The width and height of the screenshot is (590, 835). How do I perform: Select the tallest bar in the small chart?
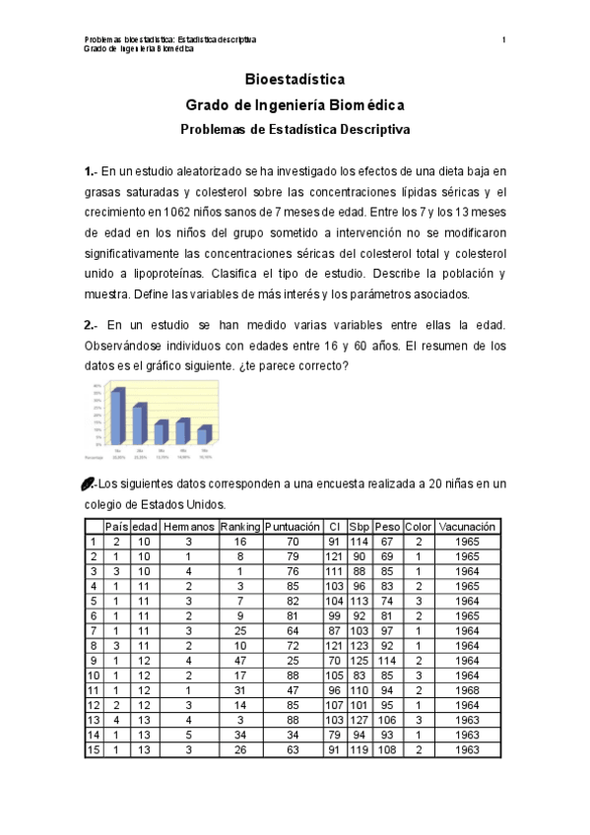[117, 417]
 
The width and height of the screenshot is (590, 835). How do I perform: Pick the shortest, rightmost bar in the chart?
[204, 434]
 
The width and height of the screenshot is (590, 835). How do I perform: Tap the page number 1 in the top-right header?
[503, 39]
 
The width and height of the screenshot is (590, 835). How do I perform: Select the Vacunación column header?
[467, 527]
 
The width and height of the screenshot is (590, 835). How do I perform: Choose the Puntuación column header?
[293, 527]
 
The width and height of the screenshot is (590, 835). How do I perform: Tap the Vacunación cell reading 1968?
[467, 690]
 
